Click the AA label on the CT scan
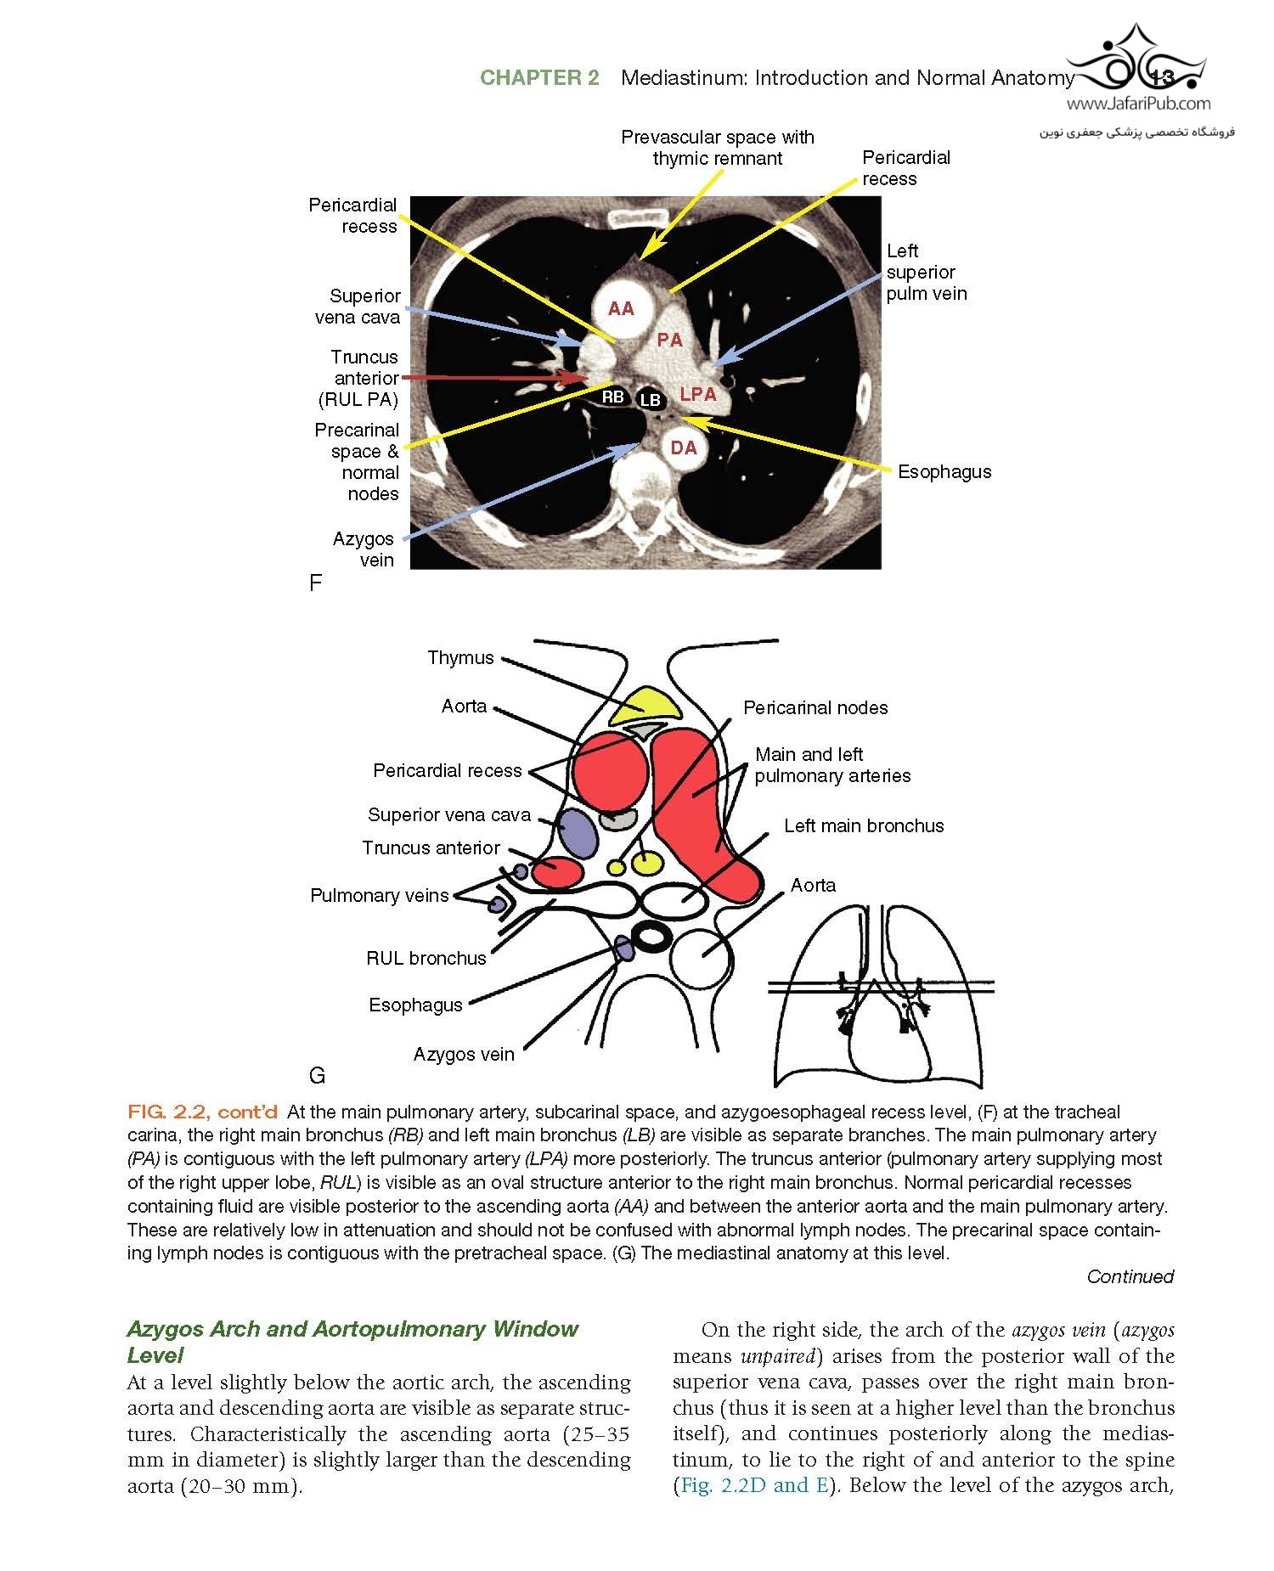[x=621, y=309]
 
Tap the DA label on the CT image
[x=684, y=448]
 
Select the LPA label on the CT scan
[x=698, y=394]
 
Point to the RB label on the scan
[x=612, y=397]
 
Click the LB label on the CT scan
[x=651, y=400]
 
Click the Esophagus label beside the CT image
[x=944, y=472]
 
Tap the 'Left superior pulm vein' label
[x=926, y=273]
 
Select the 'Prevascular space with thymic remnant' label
[x=718, y=148]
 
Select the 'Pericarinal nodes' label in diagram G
[x=815, y=708]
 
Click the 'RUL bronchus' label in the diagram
[x=426, y=959]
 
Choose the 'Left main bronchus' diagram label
[x=864, y=826]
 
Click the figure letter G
[x=318, y=1076]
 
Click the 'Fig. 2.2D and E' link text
[x=753, y=1485]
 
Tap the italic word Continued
[x=1130, y=1276]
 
